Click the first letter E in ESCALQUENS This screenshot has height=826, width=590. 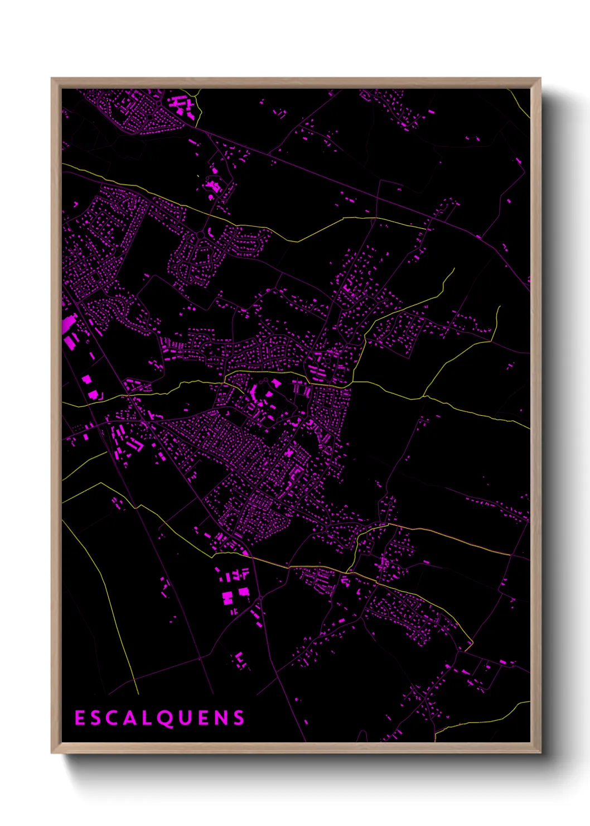click(x=79, y=718)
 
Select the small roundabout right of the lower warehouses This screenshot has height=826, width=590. click(x=260, y=599)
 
